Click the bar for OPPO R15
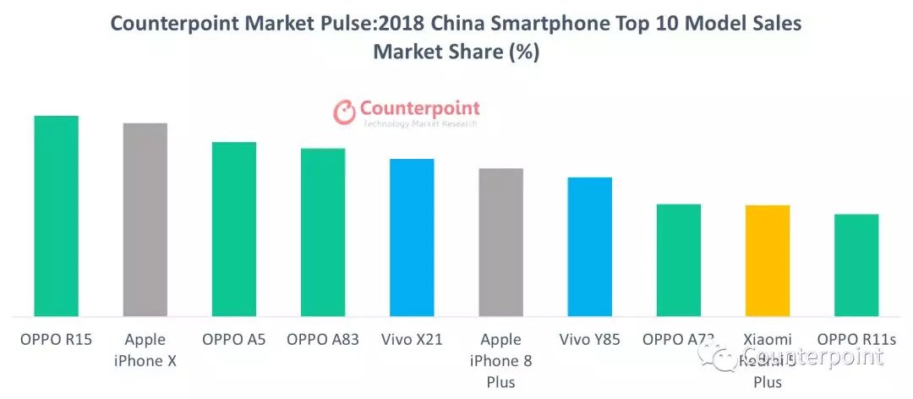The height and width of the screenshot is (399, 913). (x=56, y=216)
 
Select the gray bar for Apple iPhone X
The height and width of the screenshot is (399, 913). (x=145, y=220)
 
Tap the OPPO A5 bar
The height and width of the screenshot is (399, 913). (x=233, y=229)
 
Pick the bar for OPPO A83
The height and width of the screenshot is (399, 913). (x=323, y=232)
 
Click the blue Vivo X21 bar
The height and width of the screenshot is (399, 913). (x=412, y=238)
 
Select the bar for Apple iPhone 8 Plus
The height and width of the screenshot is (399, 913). (x=500, y=243)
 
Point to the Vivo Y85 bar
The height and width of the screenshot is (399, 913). (x=589, y=247)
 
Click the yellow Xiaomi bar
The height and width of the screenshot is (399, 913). (x=768, y=260)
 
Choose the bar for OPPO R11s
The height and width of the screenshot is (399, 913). (x=856, y=265)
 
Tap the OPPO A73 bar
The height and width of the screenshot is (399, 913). (x=679, y=260)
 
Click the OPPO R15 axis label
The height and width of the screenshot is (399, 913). (x=56, y=340)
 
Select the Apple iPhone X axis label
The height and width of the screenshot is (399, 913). (x=145, y=350)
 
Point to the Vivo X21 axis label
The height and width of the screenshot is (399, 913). (x=412, y=340)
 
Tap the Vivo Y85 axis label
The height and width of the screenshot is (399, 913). (x=589, y=340)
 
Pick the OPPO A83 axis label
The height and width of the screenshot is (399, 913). (x=323, y=340)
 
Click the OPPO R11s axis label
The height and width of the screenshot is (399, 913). (x=856, y=340)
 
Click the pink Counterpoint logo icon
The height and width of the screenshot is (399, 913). (x=344, y=112)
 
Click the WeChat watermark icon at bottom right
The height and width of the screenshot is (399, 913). (x=725, y=358)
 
